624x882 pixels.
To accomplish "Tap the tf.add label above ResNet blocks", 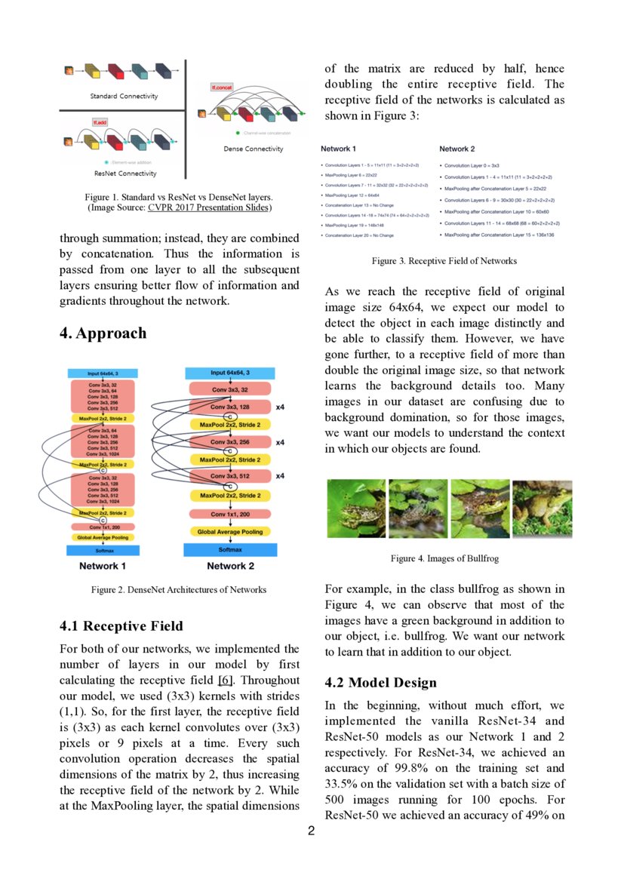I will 99,121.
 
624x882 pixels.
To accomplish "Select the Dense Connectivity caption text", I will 254,149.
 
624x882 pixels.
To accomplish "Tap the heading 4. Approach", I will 103,333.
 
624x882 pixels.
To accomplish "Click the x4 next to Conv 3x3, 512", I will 280,476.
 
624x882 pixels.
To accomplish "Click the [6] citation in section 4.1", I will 224,680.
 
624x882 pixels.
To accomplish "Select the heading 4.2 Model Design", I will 380,683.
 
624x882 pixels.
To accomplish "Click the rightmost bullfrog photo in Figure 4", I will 542,509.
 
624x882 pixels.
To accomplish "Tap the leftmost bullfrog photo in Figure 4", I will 356,509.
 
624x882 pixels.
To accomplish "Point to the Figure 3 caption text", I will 444,261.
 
